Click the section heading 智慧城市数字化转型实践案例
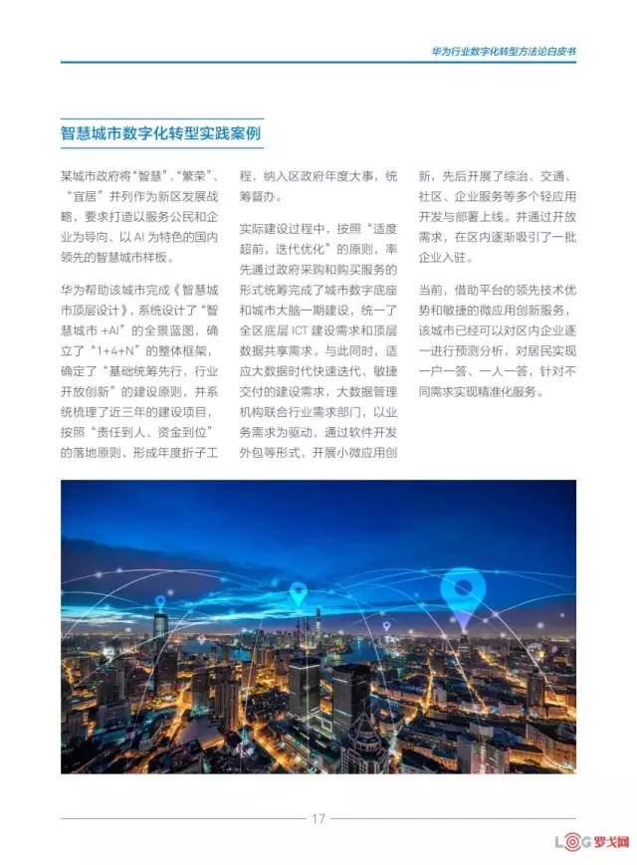click(x=162, y=133)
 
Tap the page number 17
click(x=318, y=819)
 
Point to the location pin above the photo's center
click(x=298, y=594)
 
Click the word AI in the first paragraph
click(x=141, y=238)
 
